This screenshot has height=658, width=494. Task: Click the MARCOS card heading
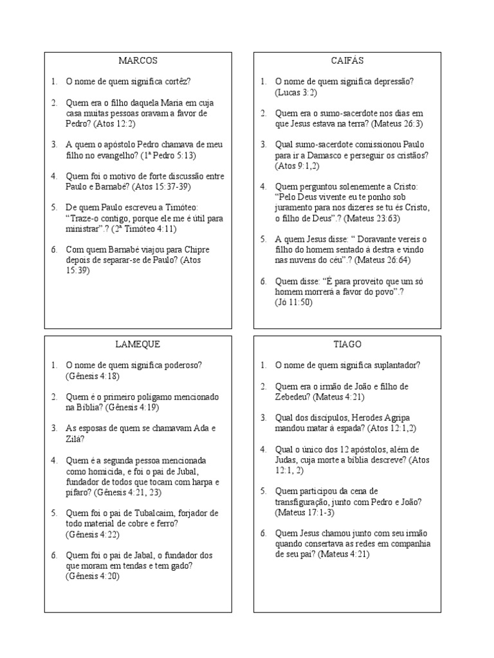138,61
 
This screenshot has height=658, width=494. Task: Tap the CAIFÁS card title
347,61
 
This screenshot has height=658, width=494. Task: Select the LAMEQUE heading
138,344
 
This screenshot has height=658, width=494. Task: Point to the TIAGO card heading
347,344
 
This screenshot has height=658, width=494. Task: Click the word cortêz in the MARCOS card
177,82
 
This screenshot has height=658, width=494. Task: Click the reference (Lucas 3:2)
296,92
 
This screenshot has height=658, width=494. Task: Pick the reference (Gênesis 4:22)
93,534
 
